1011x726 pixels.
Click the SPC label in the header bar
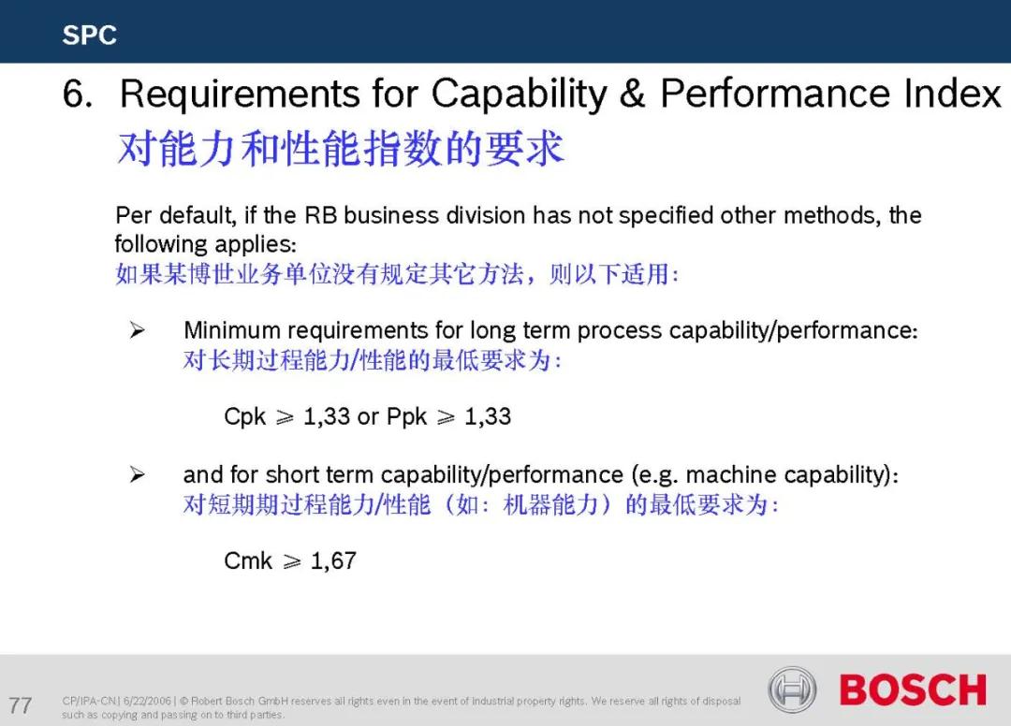[89, 35]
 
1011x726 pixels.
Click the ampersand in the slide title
[632, 94]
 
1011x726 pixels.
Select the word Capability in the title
[519, 94]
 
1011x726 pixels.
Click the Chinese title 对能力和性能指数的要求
[341, 149]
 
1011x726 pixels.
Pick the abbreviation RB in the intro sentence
[320, 215]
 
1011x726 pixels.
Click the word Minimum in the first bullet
[232, 330]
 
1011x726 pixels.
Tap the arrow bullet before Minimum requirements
[137, 330]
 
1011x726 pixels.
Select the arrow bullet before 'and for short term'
[137, 474]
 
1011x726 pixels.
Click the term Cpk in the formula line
[244, 416]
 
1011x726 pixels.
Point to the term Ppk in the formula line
[406, 416]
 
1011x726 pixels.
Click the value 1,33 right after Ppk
[488, 416]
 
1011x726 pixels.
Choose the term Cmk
[248, 560]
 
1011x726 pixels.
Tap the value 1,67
[333, 561]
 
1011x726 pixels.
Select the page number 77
[20, 704]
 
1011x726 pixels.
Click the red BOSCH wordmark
[913, 690]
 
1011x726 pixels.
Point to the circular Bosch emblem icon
[792, 690]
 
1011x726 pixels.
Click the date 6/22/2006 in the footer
[147, 701]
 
